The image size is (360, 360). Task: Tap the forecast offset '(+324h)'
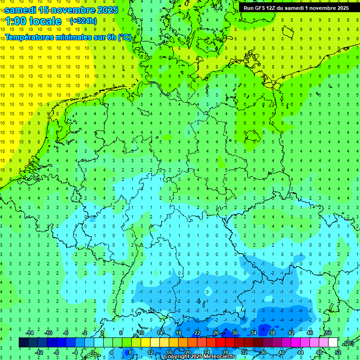(x=83, y=21)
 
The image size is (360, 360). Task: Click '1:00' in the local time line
(x=15, y=21)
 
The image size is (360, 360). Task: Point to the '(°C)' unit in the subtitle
(x=124, y=37)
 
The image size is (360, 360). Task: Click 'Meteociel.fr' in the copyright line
(x=220, y=357)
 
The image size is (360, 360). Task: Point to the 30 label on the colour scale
(x=235, y=333)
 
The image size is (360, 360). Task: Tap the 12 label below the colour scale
(x=151, y=352)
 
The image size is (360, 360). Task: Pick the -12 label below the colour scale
(x=39, y=352)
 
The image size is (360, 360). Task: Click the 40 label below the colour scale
(x=282, y=352)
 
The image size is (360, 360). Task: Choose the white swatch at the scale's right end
(x=333, y=343)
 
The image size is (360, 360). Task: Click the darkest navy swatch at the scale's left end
(x=23, y=343)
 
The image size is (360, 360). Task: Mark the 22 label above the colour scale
(x=197, y=333)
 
